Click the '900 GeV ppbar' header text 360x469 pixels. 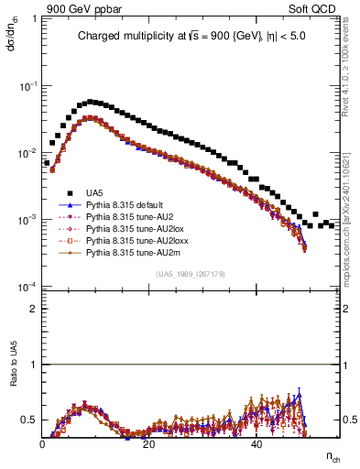85,10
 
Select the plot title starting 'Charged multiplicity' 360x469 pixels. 192,38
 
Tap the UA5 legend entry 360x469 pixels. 94,193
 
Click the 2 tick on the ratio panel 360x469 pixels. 36,309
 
